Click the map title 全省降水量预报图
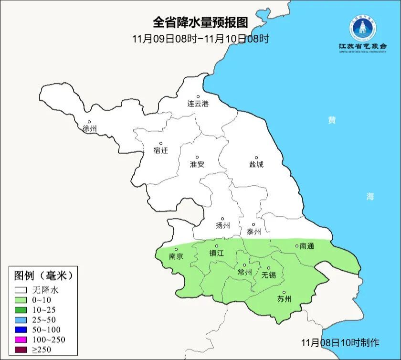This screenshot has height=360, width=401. [x=200, y=22]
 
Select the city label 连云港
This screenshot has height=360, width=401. [x=198, y=104]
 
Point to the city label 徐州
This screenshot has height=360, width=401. [x=89, y=129]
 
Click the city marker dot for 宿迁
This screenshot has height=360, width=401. [x=161, y=143]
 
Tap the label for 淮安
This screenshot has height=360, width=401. [x=197, y=164]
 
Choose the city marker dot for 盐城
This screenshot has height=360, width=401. [x=256, y=158]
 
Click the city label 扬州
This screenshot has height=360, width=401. [x=222, y=225]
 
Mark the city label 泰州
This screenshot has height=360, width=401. [x=254, y=232]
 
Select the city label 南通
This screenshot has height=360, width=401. [x=307, y=246]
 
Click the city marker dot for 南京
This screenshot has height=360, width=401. [x=176, y=249]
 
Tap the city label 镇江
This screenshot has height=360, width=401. [x=217, y=254]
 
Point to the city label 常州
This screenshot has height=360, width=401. [x=244, y=272]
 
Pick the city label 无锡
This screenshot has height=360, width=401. [x=269, y=275]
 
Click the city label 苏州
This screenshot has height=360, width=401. [x=284, y=299]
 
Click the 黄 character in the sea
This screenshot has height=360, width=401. [x=331, y=120]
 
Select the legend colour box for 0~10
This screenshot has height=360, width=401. [x=21, y=300]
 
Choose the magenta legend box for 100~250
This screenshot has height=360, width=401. [x=21, y=340]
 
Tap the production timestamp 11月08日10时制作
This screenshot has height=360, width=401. [x=340, y=342]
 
